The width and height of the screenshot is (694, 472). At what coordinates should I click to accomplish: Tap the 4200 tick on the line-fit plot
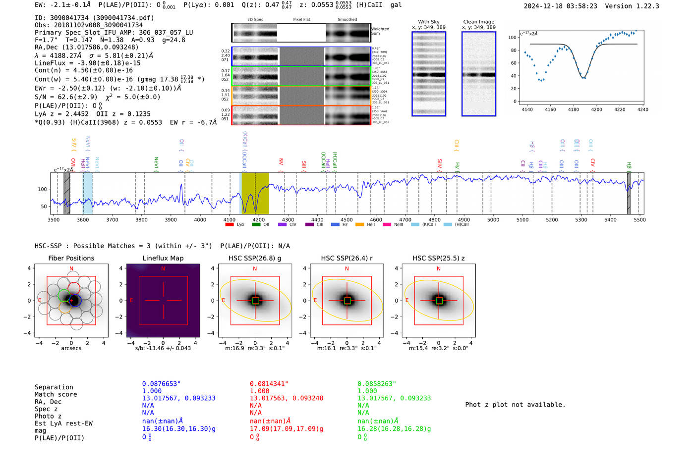596,109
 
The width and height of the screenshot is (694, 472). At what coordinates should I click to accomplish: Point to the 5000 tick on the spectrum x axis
493,219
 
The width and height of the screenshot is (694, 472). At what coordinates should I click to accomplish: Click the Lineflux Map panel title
163,258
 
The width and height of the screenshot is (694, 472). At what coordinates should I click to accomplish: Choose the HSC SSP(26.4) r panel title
347,258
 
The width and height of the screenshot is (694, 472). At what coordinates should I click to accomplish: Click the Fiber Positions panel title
71,258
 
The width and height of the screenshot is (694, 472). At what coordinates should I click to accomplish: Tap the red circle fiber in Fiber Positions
74,288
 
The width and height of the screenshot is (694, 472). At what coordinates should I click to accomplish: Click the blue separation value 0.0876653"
161,384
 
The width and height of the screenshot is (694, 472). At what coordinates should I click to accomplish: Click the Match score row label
56,395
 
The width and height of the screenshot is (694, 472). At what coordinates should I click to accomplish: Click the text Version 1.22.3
632,6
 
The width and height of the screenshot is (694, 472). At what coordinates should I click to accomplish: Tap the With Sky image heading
428,22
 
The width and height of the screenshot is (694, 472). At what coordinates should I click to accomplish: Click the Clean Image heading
478,22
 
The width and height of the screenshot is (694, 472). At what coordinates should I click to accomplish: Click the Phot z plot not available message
515,405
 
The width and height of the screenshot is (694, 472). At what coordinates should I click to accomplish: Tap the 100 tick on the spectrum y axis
43,189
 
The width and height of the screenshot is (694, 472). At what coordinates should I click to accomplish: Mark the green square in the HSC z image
439,301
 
